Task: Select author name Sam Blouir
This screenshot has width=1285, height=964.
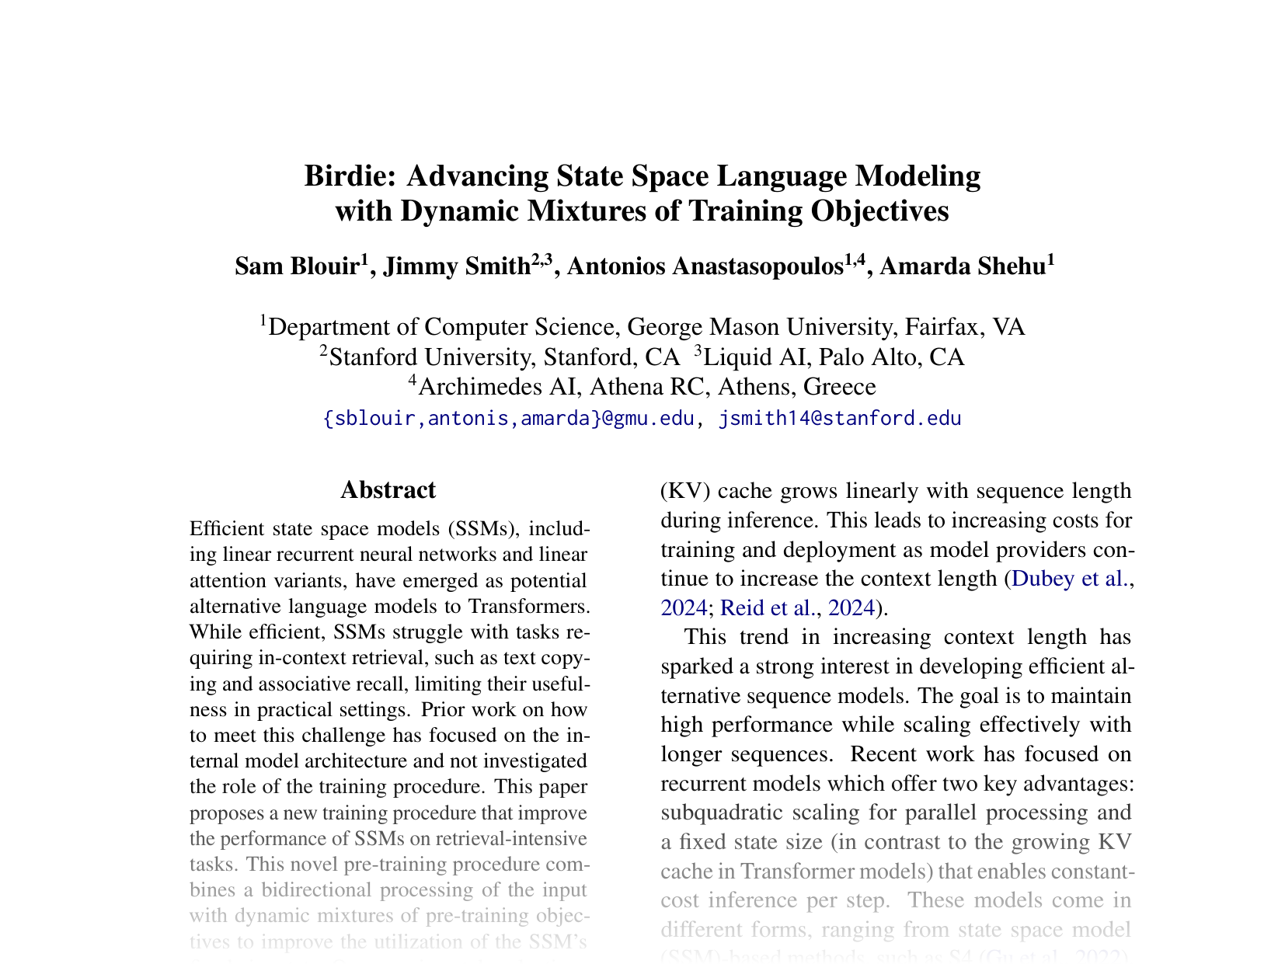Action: [296, 267]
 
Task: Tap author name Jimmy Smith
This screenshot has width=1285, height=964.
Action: [456, 267]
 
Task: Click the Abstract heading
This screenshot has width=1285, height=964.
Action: [388, 490]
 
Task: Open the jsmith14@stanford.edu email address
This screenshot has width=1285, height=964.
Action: [840, 419]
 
